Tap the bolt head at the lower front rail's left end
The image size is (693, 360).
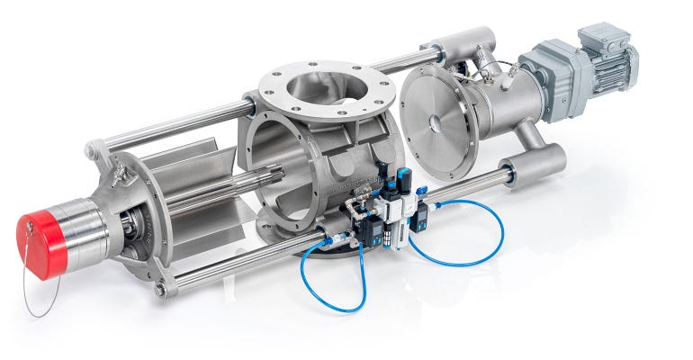pyautogui.click(x=160, y=290)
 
